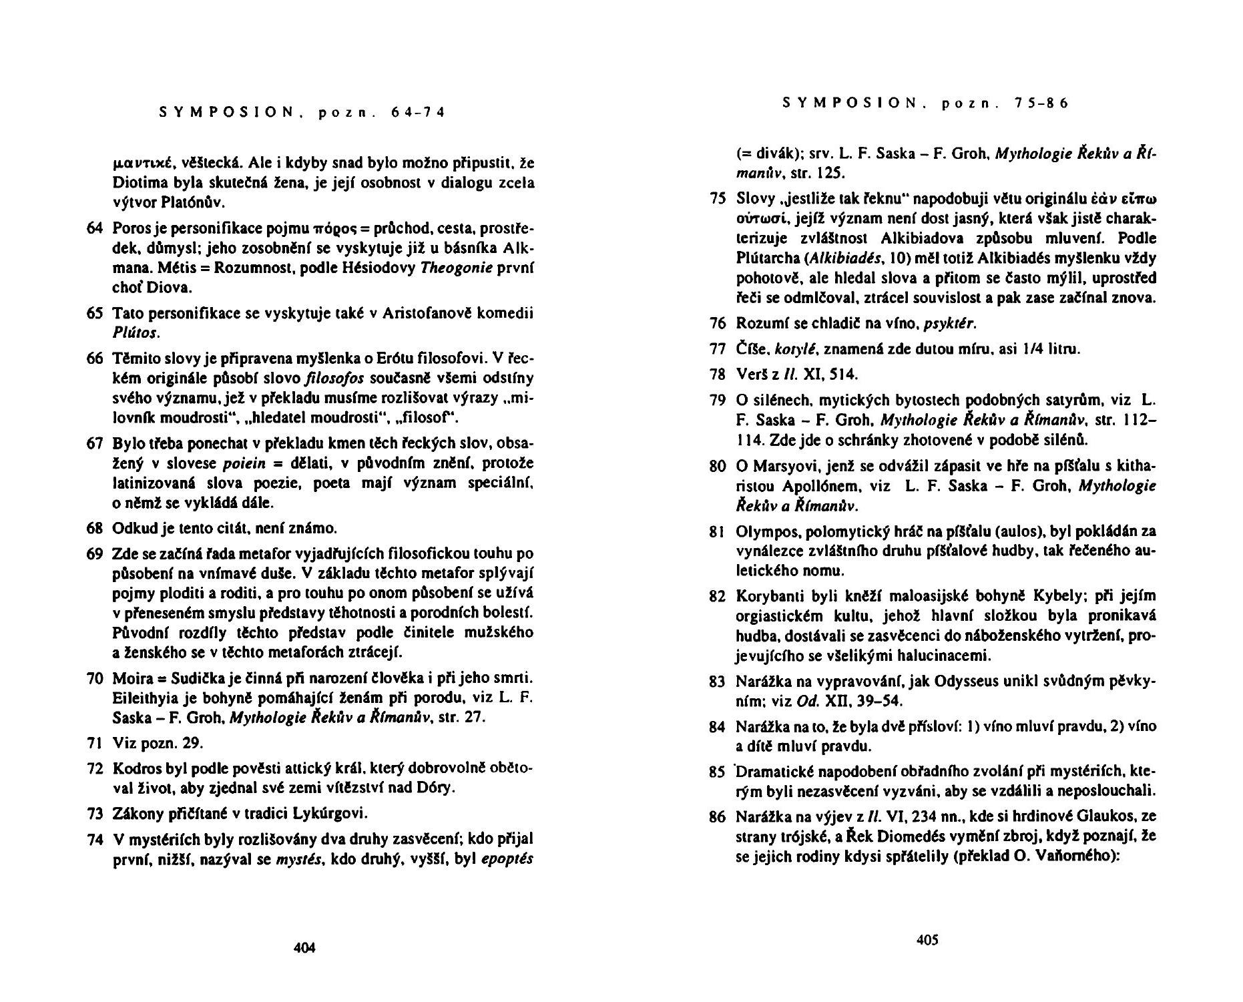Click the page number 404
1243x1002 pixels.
click(x=304, y=948)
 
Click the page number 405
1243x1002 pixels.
click(x=927, y=940)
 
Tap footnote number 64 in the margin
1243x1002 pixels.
click(x=94, y=229)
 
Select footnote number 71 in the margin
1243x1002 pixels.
click(x=94, y=743)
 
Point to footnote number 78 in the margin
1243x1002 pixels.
click(x=717, y=374)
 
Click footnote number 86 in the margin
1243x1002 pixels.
click(x=717, y=816)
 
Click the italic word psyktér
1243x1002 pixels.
click(x=950, y=324)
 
